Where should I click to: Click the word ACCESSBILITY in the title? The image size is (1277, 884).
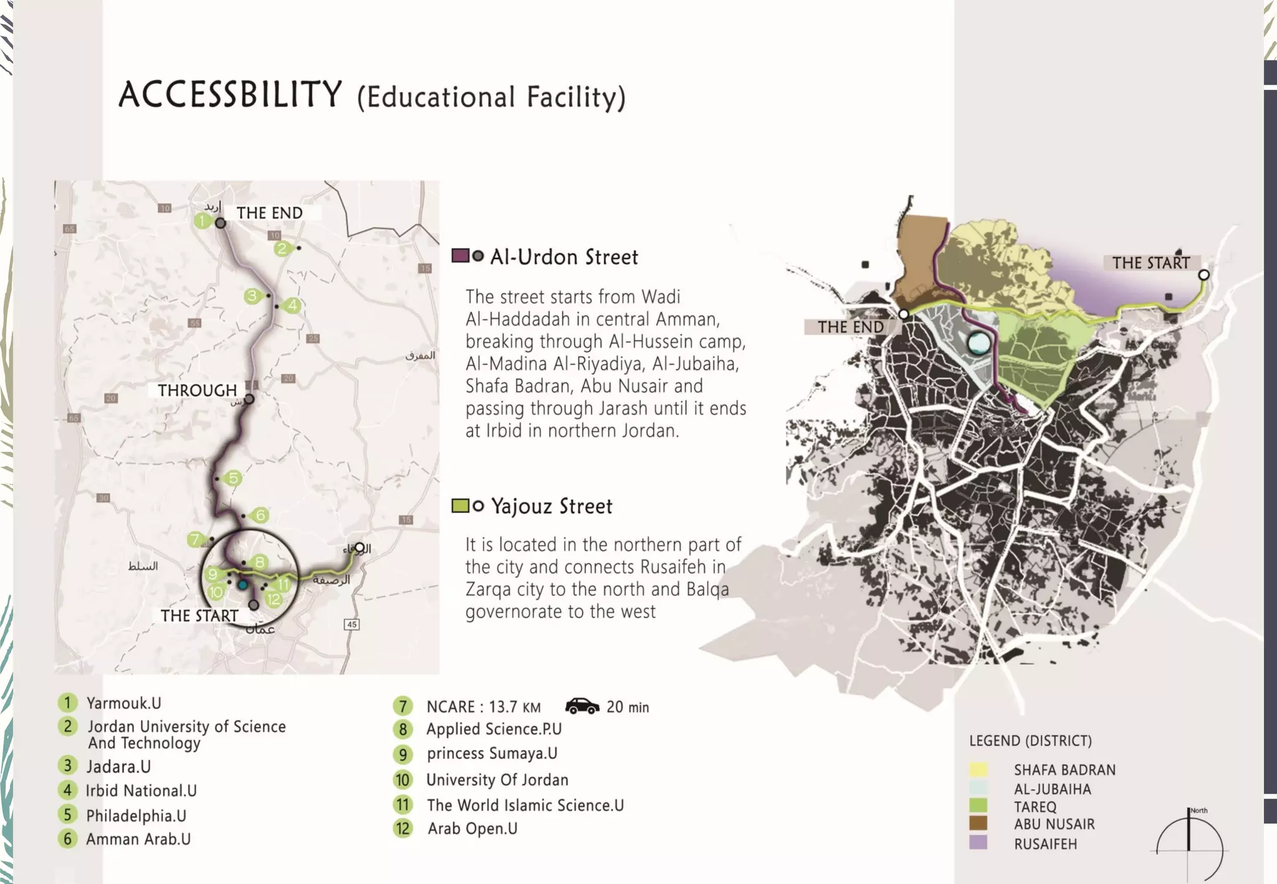tap(230, 95)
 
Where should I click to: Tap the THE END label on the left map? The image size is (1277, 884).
tap(269, 213)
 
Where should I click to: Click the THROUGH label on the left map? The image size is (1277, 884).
tap(197, 391)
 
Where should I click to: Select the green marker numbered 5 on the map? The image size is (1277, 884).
tap(233, 478)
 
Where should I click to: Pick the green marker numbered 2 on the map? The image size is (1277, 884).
tap(282, 249)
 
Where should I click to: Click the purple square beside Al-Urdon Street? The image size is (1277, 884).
tap(460, 256)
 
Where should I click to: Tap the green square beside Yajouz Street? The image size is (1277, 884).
tap(460, 506)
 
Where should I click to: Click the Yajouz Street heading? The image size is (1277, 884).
tap(551, 506)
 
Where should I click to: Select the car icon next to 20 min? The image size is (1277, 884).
tap(581, 706)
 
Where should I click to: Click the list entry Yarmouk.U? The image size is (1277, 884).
tap(123, 703)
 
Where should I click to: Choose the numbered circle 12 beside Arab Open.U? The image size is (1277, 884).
tap(403, 829)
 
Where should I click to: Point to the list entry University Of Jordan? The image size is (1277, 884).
tap(497, 780)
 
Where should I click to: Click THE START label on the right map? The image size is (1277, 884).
tap(1151, 263)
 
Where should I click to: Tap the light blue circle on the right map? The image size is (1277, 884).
tap(979, 343)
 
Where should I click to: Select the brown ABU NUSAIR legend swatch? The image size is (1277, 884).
tap(978, 824)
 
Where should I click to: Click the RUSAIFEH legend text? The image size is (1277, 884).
tap(1045, 844)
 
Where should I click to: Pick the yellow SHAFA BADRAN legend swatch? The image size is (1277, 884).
tap(978, 770)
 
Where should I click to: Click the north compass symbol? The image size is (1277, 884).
tap(1190, 841)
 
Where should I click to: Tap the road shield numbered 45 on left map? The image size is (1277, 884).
tap(352, 624)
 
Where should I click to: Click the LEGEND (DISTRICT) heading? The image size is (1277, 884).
tap(1030, 741)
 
